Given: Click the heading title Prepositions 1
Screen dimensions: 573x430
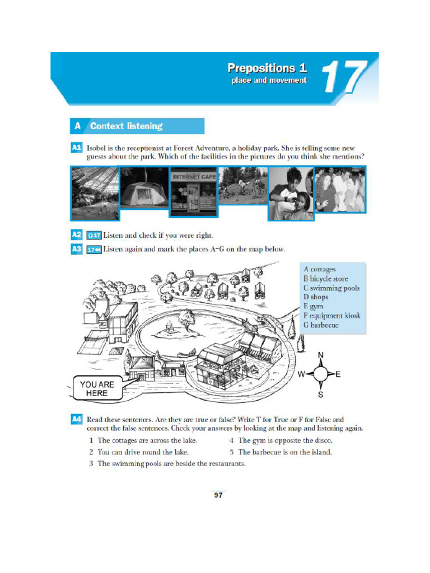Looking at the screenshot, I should click(267, 68).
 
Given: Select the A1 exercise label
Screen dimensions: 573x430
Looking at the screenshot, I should click(77, 147).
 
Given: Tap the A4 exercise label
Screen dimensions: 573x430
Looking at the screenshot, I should click(77, 419).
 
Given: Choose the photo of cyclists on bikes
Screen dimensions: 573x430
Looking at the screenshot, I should click(242, 186).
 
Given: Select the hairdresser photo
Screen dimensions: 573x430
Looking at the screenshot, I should click(291, 193).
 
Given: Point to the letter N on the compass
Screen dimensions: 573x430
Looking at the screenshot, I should click(321, 355).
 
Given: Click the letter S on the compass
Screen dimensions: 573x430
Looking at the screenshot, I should click(321, 394).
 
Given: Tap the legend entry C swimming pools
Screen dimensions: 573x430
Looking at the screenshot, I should click(331, 288).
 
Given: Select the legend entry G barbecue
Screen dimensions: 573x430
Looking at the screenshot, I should click(321, 325).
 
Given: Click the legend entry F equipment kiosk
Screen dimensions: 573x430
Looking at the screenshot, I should click(332, 316).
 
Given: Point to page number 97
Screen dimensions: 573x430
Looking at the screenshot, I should click(218, 495).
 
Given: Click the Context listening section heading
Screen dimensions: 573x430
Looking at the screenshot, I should click(126, 126).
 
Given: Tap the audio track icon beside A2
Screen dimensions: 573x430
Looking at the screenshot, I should click(93, 235).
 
